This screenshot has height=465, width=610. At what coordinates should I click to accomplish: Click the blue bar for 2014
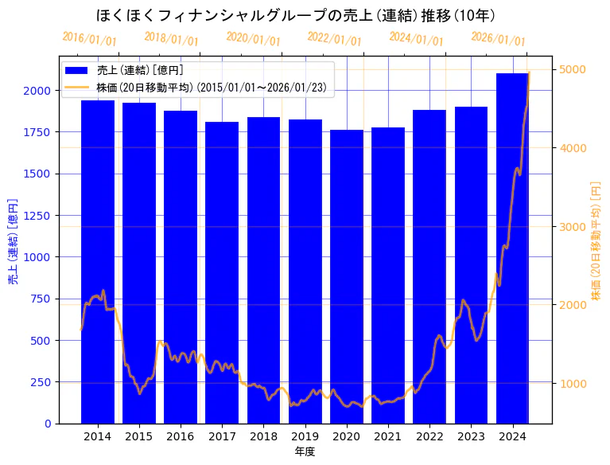click(x=97, y=263)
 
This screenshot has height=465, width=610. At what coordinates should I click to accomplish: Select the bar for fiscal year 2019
click(x=305, y=271)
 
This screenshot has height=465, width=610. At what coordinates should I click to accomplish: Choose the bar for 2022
click(x=429, y=267)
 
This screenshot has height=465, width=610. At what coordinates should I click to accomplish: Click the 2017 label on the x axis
click(x=222, y=436)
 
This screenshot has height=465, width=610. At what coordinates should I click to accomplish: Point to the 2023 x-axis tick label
click(x=471, y=436)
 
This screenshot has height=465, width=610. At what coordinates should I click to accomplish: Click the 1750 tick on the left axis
click(x=39, y=132)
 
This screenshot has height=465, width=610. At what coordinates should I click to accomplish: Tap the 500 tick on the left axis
click(x=43, y=341)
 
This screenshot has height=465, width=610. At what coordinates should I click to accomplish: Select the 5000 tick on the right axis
click(x=573, y=70)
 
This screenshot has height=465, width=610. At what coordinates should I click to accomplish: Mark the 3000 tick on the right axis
click(x=573, y=227)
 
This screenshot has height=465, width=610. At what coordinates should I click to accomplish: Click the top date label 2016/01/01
click(x=89, y=39)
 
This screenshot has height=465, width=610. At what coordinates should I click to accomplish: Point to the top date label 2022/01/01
click(x=334, y=39)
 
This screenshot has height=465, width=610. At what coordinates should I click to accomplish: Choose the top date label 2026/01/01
click(x=498, y=39)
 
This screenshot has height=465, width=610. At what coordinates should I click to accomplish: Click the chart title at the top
click(x=295, y=15)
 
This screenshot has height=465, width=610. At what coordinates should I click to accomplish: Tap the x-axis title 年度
click(x=305, y=451)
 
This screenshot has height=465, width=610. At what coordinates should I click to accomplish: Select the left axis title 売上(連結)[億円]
click(x=13, y=241)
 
